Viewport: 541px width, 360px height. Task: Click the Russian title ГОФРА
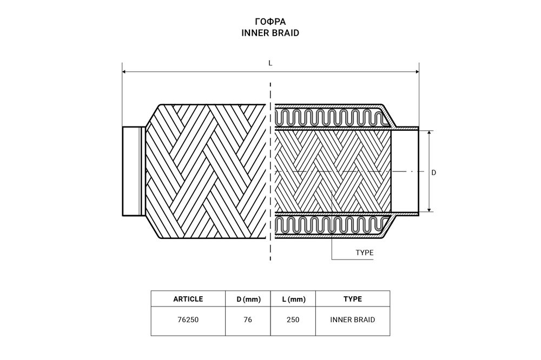click(x=270, y=22)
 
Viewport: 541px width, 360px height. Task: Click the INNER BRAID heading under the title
click(x=270, y=33)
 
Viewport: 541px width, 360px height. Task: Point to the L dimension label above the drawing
click(x=270, y=63)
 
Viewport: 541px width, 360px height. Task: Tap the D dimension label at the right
click(x=434, y=172)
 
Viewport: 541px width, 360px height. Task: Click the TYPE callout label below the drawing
click(x=364, y=253)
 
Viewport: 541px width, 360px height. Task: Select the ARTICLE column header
click(x=188, y=299)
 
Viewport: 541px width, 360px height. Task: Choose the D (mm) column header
click(x=248, y=299)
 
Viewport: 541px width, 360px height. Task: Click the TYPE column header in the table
click(x=353, y=299)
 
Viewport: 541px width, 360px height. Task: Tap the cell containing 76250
click(x=188, y=319)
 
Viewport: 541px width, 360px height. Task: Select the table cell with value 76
click(x=248, y=319)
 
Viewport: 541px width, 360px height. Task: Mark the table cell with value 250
click(x=293, y=319)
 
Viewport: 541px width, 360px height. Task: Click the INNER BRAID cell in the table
click(x=353, y=319)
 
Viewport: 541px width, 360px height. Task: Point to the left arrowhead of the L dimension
click(x=124, y=72)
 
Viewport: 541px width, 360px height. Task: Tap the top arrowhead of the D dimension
click(x=429, y=133)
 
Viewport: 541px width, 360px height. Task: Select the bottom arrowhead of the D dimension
click(x=429, y=210)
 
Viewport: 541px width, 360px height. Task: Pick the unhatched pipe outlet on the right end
click(x=405, y=171)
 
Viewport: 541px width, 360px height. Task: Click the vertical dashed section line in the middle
click(x=270, y=171)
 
